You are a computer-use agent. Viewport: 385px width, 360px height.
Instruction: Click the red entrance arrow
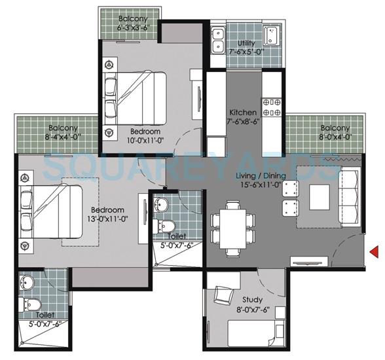click(x=375, y=251)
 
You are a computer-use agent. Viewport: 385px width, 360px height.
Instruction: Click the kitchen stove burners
click(x=271, y=107)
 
